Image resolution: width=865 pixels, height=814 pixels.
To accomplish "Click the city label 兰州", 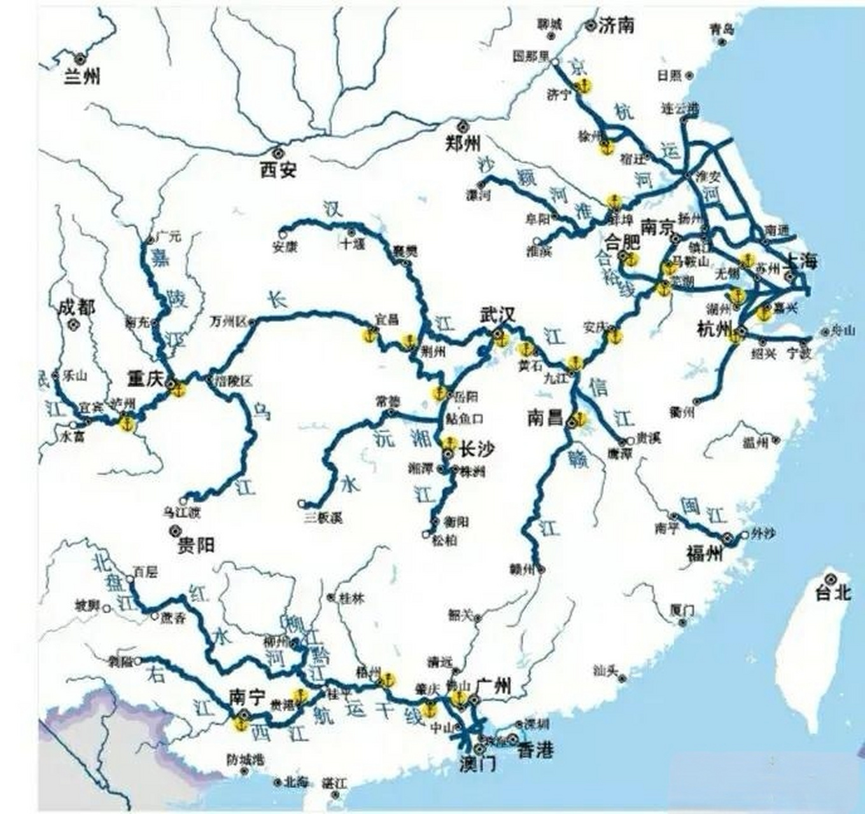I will (83, 76).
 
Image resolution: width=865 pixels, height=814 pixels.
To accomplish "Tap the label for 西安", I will (278, 169).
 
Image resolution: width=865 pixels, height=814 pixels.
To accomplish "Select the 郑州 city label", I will (463, 143).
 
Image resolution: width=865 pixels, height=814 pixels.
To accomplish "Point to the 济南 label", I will (617, 25).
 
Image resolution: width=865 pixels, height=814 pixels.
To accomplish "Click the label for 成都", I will (76, 308).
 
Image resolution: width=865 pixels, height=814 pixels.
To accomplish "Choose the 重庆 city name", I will (145, 379).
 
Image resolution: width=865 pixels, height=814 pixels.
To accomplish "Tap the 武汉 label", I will (498, 315).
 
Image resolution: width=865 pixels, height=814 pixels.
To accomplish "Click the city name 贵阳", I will (196, 545).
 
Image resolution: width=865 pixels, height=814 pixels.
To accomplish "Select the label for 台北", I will (834, 593).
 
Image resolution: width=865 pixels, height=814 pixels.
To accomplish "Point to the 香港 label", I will (535, 750).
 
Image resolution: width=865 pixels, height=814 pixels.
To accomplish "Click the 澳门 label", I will (477, 764).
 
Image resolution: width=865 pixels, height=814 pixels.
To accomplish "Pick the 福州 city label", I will (705, 553).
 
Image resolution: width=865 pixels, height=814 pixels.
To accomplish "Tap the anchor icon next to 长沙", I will (450, 442).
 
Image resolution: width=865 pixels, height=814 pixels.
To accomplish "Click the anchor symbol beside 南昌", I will (579, 418).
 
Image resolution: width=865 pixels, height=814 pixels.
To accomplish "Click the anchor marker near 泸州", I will (128, 422).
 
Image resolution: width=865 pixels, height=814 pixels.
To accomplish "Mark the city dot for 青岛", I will (722, 43).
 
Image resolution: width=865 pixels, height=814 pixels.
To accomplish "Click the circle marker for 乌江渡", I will (183, 500).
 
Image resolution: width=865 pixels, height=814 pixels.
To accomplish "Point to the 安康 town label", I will (285, 247).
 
